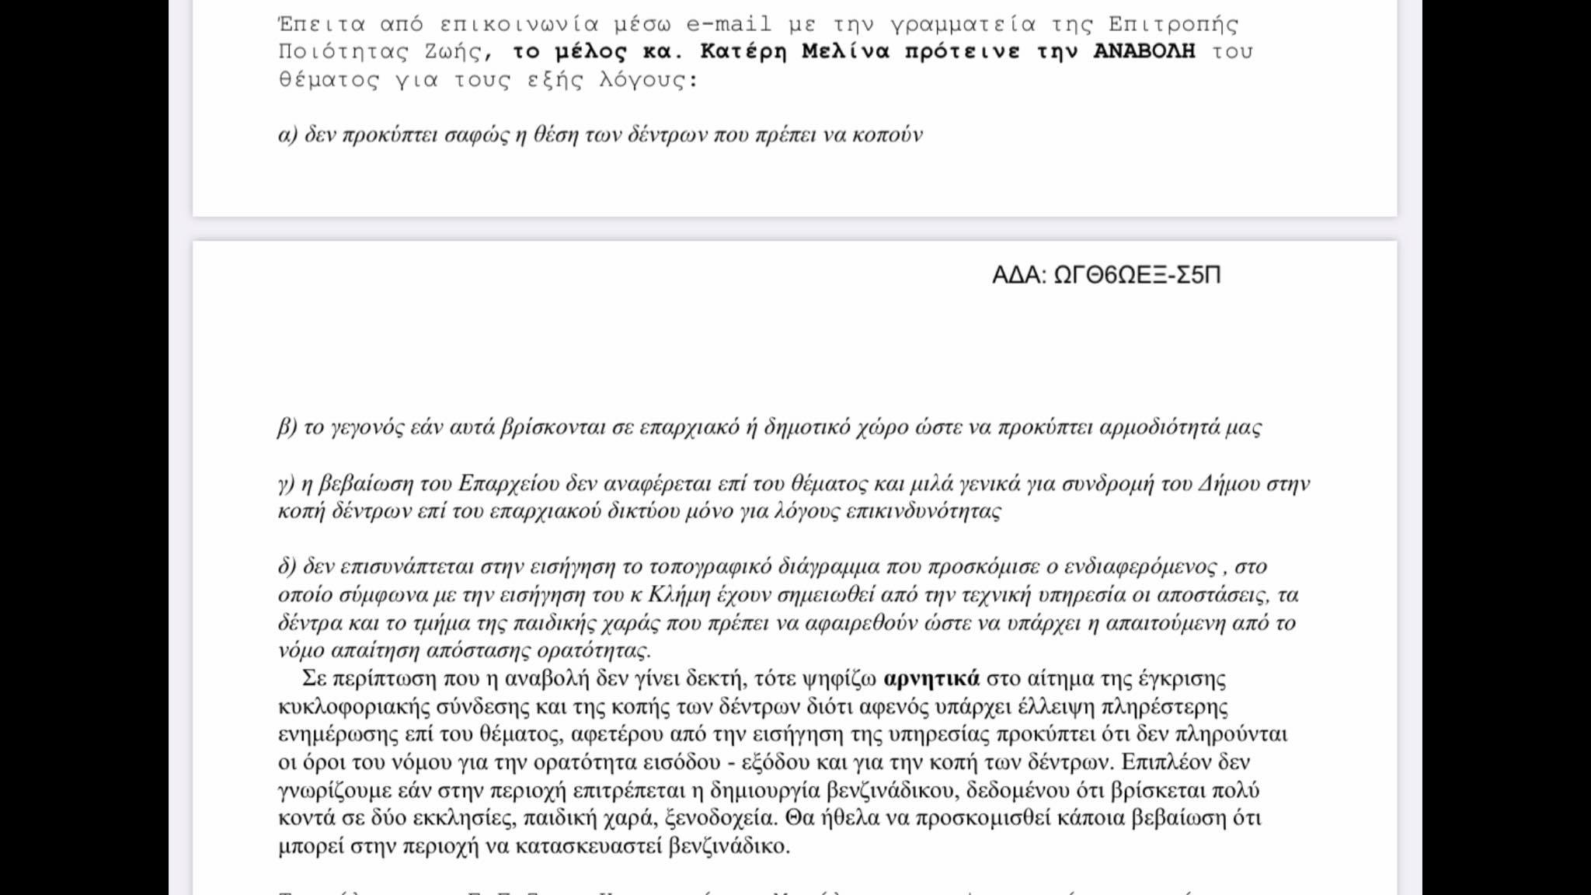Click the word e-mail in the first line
coord(729,24)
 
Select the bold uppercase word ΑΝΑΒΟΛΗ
coord(1144,52)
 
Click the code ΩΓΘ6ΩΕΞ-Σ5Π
coord(1137,275)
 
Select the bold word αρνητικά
coord(931,678)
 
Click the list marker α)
coord(288,135)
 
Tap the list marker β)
coord(287,427)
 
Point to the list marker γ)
coord(285,484)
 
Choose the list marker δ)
coord(287,566)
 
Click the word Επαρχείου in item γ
coord(509,484)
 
